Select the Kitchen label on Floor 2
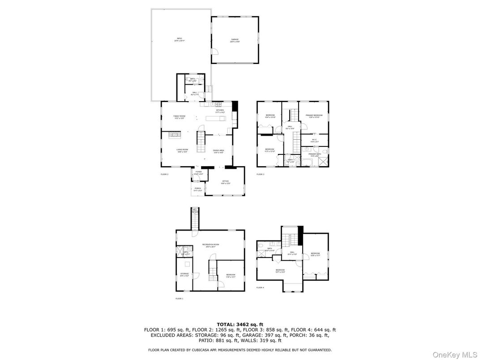click(x=220, y=111)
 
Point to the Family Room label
click(x=180, y=116)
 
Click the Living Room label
click(x=182, y=150)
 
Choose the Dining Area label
click(x=218, y=151)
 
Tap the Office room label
click(x=226, y=181)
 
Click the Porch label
click(x=197, y=189)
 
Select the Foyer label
click(x=199, y=172)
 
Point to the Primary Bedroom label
click(x=314, y=116)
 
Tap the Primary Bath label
click(x=314, y=154)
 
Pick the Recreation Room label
click(x=210, y=245)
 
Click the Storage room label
click(x=184, y=274)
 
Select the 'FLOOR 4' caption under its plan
click(x=260, y=287)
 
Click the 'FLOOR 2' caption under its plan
click(x=164, y=174)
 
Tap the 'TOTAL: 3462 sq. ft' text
click(x=240, y=324)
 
